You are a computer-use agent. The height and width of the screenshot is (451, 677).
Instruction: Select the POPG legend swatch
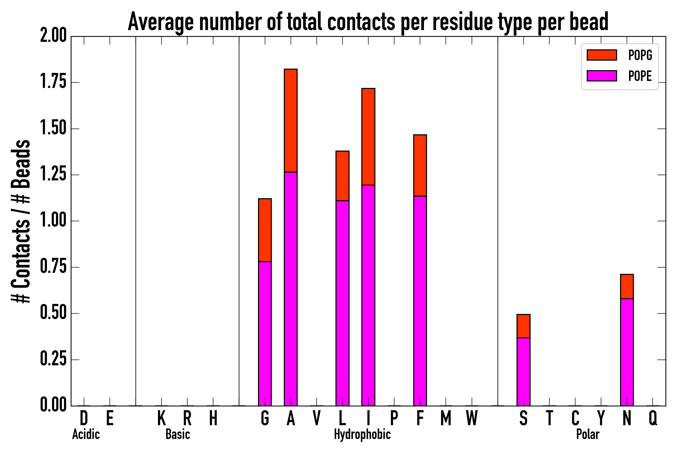(602, 55)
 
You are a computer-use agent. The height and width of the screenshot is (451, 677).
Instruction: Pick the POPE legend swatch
(602, 76)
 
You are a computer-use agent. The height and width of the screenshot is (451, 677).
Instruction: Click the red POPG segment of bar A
(291, 121)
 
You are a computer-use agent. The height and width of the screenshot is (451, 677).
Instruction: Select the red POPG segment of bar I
(368, 137)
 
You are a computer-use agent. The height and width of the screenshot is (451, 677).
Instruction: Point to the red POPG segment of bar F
(420, 165)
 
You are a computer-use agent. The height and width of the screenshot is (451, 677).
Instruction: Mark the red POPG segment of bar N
(627, 286)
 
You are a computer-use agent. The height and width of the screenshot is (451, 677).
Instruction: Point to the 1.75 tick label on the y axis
(53, 82)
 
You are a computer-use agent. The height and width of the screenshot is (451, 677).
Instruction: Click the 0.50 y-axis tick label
(53, 313)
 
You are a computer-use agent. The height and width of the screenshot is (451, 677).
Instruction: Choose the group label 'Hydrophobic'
(362, 434)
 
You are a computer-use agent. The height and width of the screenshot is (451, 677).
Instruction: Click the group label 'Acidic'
(86, 434)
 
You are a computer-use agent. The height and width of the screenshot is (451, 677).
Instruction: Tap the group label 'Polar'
(588, 434)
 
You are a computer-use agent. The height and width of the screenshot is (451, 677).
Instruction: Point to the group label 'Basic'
(178, 434)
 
